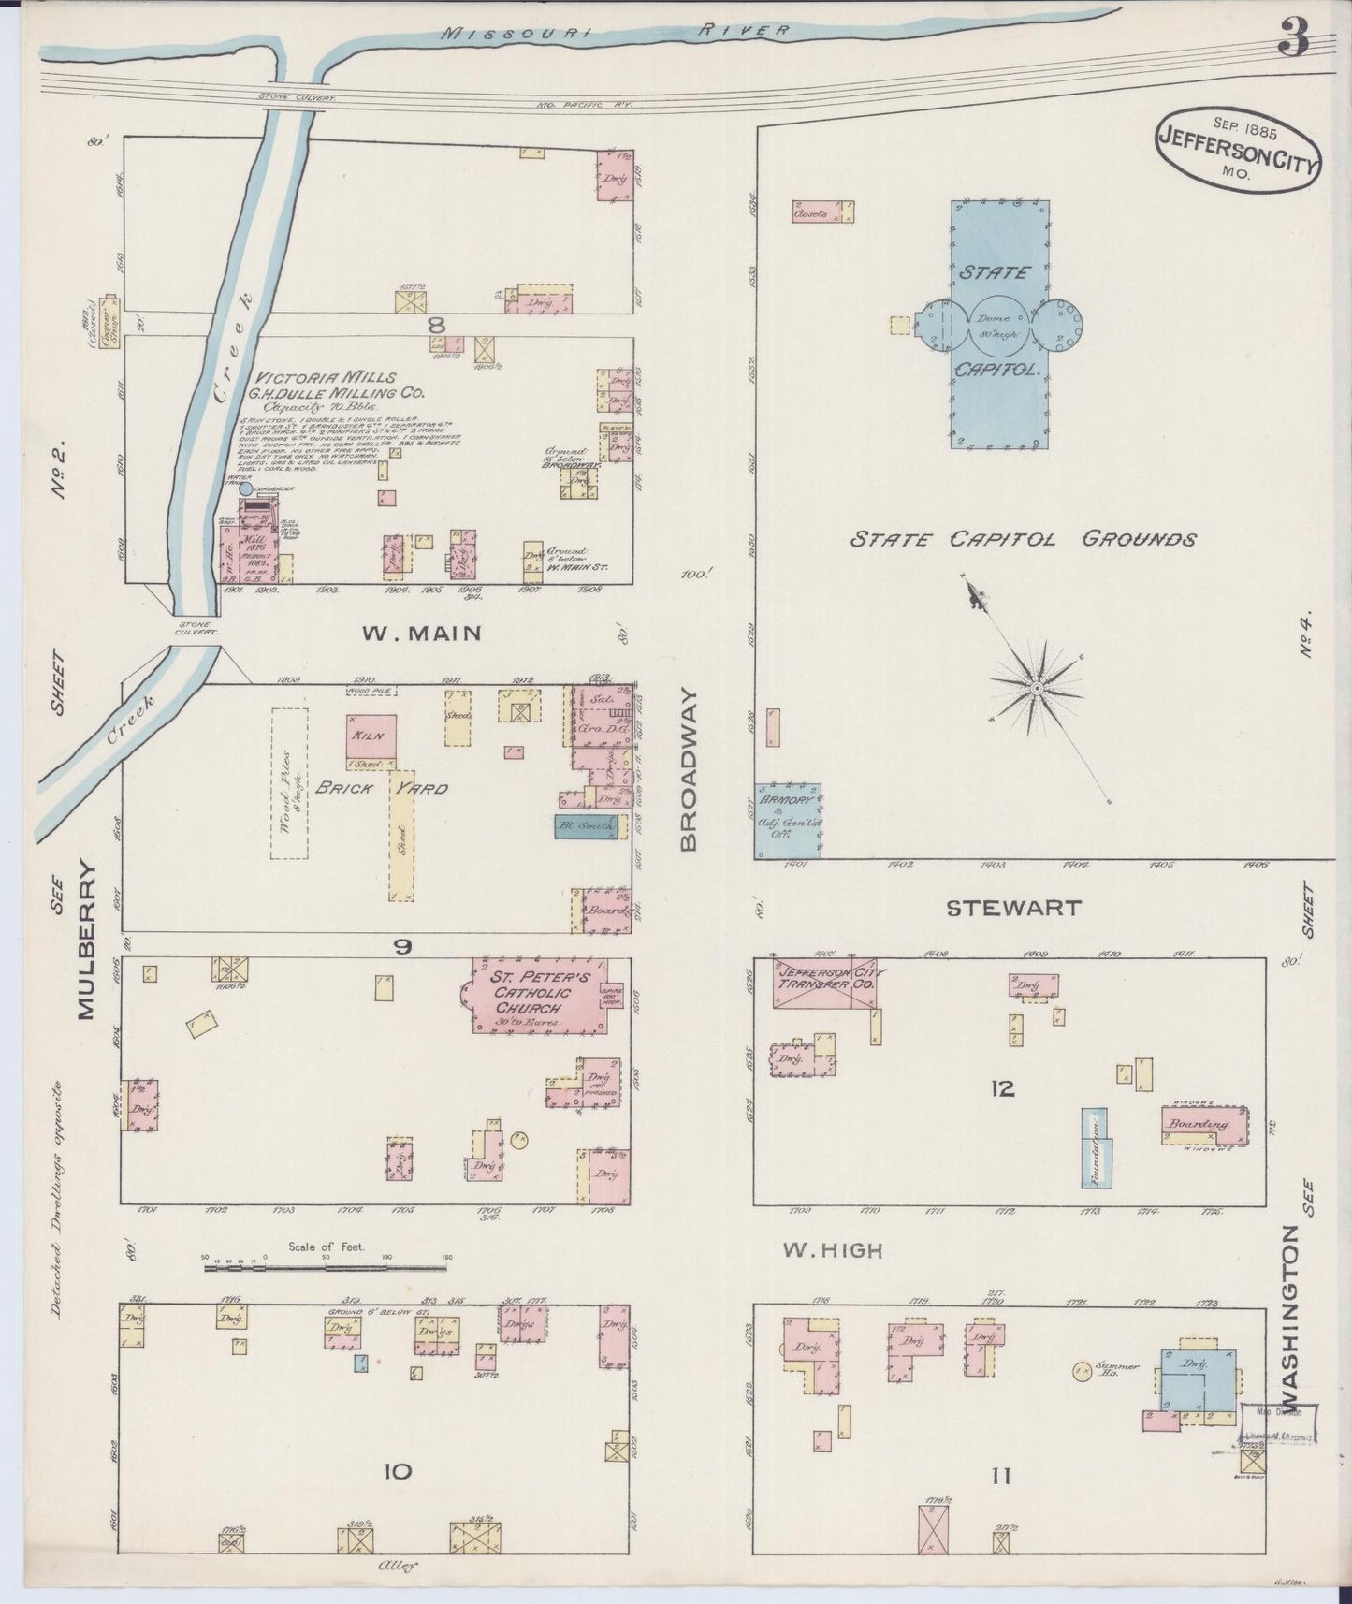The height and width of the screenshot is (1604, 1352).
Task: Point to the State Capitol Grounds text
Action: coord(1023,540)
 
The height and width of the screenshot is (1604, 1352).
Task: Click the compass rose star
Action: coord(1036,689)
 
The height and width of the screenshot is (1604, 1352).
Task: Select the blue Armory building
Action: coord(788,821)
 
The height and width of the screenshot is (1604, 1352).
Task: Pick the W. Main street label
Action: coord(421,634)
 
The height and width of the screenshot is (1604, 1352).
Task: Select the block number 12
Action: coord(1003,1088)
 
